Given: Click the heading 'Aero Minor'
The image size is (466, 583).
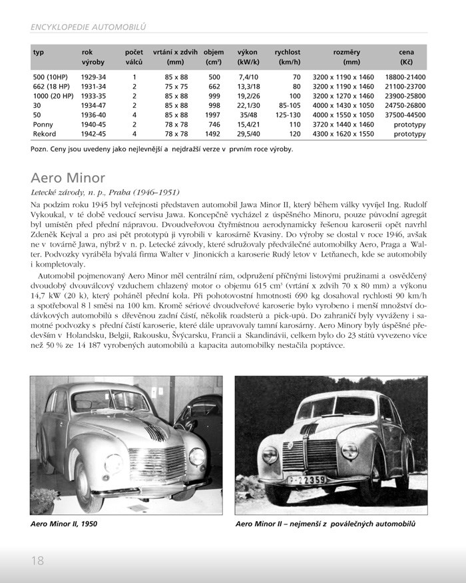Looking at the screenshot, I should click(x=68, y=178).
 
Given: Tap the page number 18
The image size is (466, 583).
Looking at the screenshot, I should click(x=37, y=560).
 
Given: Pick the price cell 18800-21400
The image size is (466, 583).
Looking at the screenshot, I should click(x=405, y=77).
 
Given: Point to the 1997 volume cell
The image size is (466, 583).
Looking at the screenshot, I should click(x=214, y=115).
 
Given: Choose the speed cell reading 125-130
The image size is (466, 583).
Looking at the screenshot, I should click(x=288, y=115).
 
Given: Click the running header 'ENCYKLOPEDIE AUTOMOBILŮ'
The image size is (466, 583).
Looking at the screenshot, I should click(x=88, y=27).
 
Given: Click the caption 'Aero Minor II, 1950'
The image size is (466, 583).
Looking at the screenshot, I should click(x=64, y=524).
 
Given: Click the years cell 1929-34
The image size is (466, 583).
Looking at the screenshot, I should click(x=94, y=77).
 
